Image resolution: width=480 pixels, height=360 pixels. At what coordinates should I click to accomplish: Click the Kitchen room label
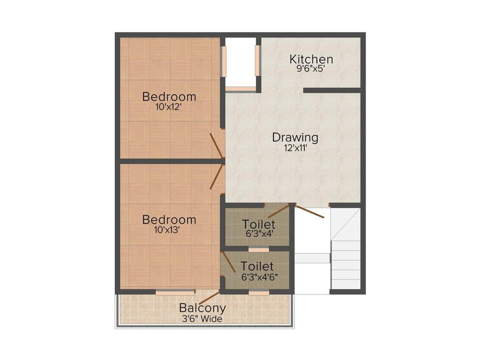[311, 60]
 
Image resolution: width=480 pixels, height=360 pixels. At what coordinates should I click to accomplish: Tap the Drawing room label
[295, 138]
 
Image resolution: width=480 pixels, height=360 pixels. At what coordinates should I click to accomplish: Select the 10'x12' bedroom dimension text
[169, 107]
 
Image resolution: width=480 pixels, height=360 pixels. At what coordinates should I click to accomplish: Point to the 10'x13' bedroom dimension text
[169, 230]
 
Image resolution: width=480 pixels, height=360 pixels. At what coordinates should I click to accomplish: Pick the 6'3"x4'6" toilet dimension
[259, 277]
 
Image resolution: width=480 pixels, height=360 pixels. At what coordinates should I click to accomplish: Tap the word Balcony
[202, 308]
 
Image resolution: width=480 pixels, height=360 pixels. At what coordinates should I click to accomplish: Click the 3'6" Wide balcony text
[202, 319]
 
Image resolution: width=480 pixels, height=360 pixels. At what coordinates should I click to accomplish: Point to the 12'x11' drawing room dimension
[295, 148]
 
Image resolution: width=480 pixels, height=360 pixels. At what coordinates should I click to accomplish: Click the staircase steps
[346, 262]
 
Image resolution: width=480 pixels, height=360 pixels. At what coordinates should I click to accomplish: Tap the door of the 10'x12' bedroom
[217, 145]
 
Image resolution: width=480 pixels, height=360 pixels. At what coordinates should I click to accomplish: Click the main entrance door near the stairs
[309, 212]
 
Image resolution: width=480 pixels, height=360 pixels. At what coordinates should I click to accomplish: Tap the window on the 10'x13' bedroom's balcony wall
[174, 292]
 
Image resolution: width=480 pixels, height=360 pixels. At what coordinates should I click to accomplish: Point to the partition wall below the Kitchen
[332, 90]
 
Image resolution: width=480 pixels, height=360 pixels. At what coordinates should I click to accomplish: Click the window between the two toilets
[258, 249]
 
